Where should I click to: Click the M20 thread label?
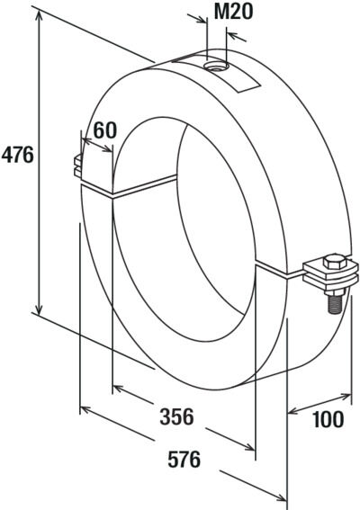[233, 12]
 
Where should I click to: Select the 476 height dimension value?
[18, 155]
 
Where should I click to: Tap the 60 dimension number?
[104, 130]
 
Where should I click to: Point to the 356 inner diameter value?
[176, 416]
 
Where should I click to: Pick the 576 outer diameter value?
[184, 460]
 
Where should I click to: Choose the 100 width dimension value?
[328, 419]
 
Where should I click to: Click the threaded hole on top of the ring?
[216, 67]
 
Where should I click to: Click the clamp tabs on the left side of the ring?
[78, 166]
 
